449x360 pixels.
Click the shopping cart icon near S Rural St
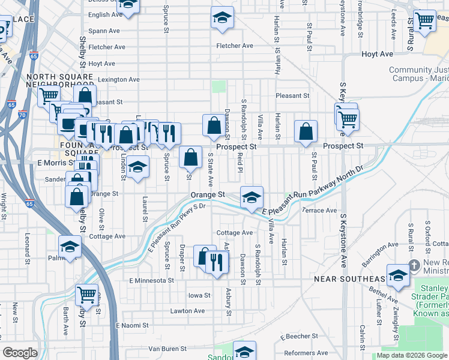coord(424,20)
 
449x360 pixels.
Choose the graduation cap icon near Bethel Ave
coord(397,274)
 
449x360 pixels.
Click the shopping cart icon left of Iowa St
coord(87,295)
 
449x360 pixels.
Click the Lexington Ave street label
coord(118,79)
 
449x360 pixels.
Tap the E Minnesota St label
coord(151,280)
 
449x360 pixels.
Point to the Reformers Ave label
coord(306,353)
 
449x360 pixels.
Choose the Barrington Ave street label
coord(379,245)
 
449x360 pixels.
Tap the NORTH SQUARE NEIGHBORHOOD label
coord(60,80)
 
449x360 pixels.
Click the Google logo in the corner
coord(20,353)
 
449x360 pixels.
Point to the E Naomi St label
coord(131,325)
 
